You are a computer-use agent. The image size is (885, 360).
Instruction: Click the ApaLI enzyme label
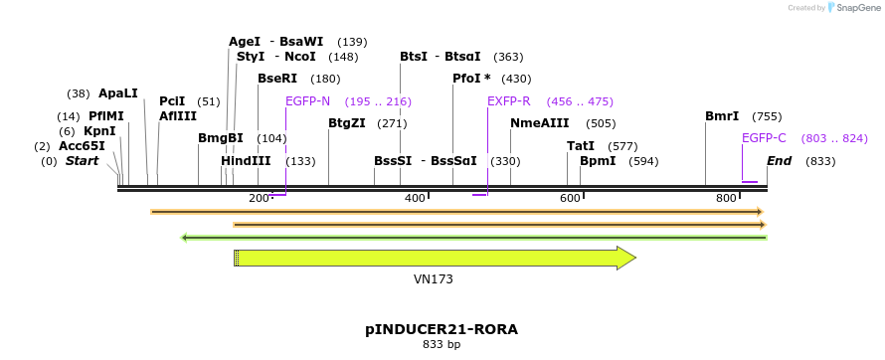tap(117, 93)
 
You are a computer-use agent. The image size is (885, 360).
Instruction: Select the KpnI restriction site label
tap(99, 131)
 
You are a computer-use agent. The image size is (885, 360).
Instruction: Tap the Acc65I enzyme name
tap(82, 146)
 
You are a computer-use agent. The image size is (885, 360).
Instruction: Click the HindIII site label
tap(246, 161)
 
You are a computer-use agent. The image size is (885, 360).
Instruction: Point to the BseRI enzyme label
tap(277, 79)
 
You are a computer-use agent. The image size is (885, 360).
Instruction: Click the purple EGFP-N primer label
tap(307, 101)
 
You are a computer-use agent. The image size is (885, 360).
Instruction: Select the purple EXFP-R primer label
tap(508, 101)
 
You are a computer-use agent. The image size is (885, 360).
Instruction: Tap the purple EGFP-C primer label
tap(764, 138)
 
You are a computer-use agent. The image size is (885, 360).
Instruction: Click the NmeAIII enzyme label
tap(540, 123)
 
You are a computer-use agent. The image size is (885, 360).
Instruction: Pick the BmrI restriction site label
tap(722, 116)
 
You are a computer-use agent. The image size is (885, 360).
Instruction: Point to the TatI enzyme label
tap(581, 146)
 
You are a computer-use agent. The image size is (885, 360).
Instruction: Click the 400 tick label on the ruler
tap(415, 199)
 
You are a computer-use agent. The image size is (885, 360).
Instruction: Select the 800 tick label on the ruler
tap(726, 199)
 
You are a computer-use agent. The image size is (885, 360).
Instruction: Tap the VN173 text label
tap(434, 279)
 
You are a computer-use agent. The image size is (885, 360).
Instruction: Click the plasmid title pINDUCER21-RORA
tap(442, 329)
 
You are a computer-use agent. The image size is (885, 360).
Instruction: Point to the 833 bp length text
tap(442, 345)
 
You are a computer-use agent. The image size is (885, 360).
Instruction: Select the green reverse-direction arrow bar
tap(473, 238)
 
